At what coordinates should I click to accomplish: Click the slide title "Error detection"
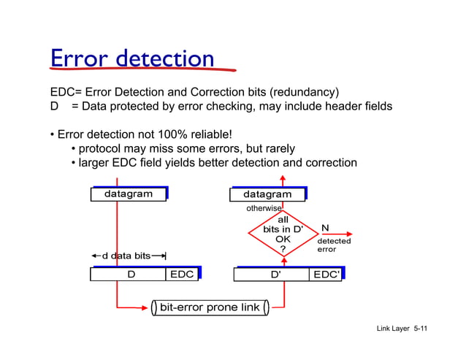tap(131, 58)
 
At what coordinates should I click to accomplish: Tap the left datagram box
tap(129, 194)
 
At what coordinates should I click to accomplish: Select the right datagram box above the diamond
tap(267, 194)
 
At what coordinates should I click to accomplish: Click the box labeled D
tap(131, 275)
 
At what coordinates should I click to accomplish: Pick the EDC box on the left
tap(182, 275)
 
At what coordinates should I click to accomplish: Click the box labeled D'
tap(275, 275)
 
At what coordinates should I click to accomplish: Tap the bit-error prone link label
tap(210, 307)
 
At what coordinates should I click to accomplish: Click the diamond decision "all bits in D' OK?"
tap(283, 234)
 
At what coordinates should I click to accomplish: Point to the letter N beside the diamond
tap(325, 229)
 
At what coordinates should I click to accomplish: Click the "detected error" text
tap(333, 245)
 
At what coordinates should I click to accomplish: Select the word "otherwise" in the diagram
tap(264, 209)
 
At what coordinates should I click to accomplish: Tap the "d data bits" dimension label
tap(126, 256)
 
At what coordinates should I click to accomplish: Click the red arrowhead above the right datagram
tap(283, 179)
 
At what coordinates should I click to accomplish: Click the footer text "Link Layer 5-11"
tap(402, 329)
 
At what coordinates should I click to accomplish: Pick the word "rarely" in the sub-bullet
tap(278, 149)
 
